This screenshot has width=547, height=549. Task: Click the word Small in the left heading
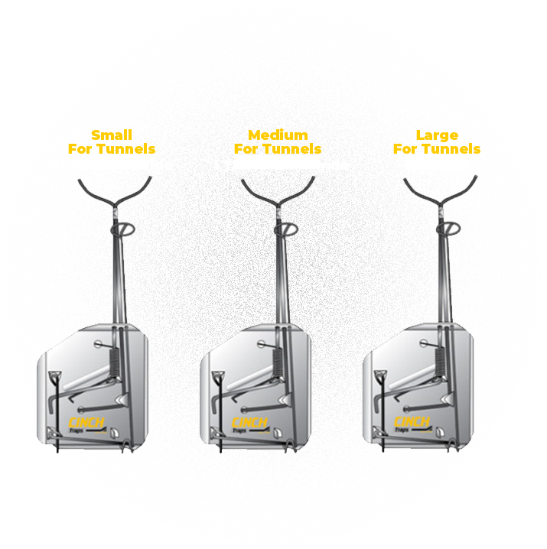[x=112, y=135]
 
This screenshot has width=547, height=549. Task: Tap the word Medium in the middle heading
[x=278, y=135]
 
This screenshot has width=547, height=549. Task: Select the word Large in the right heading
[x=437, y=135]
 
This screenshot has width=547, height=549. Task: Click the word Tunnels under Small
[x=126, y=149]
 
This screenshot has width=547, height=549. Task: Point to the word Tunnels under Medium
[x=292, y=149]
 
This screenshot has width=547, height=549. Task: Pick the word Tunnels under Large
[x=451, y=149]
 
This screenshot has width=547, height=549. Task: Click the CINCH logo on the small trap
[x=86, y=423]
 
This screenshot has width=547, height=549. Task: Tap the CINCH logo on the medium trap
[x=249, y=423]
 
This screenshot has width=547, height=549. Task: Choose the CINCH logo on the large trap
[x=412, y=422]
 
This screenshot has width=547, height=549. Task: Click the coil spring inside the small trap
[x=114, y=362]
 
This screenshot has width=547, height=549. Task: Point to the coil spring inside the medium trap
[x=278, y=362]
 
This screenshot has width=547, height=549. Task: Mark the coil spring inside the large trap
[x=440, y=361]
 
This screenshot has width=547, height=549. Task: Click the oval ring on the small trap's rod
[x=122, y=229]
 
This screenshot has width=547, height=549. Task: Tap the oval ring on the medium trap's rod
[x=286, y=229]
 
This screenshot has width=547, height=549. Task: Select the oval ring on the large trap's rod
[x=448, y=229]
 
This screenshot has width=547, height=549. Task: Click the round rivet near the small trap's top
[x=98, y=344]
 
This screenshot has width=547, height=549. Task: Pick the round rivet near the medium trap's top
[x=261, y=344]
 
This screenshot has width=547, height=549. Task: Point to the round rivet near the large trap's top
[x=424, y=343]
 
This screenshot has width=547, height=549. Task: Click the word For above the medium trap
[x=246, y=149]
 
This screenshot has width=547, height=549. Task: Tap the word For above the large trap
[x=405, y=149]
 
